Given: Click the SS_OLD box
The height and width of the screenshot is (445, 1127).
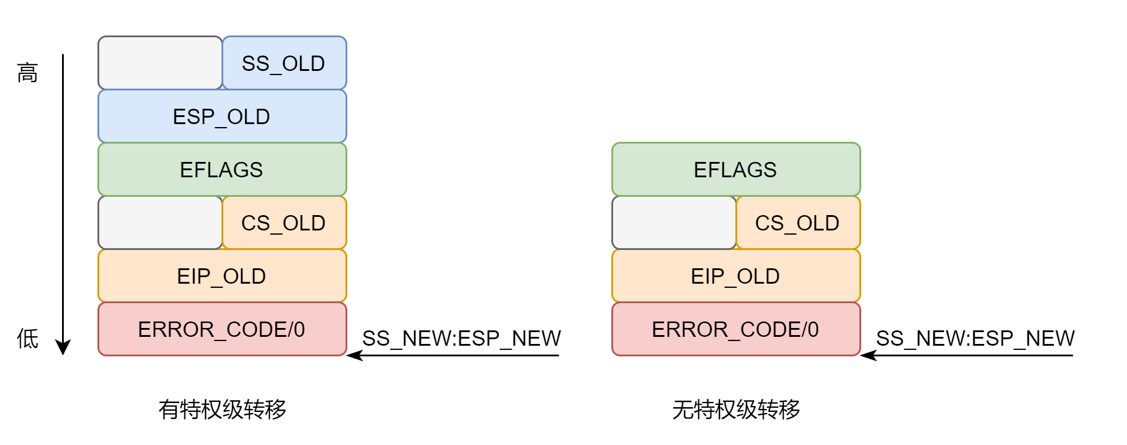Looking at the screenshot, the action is tap(284, 63).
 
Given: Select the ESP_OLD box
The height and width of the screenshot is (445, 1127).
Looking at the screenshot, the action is tap(222, 116).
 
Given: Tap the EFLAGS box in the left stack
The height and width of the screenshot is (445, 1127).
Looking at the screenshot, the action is tap(222, 169).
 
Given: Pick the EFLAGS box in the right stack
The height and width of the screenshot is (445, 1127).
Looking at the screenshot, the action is tap(736, 169).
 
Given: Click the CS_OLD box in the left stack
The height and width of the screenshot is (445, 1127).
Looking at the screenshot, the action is tap(284, 222).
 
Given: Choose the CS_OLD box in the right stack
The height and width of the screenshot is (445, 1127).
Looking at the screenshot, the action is tap(798, 222).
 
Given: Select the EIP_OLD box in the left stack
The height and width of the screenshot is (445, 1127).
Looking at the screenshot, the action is tap(222, 275).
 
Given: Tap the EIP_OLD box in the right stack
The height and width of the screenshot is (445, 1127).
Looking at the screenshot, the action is tap(736, 275).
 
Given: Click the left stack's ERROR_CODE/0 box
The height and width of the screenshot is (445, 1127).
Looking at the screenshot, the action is tap(222, 329).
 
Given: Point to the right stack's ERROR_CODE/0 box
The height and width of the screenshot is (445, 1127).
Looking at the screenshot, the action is tap(736, 329).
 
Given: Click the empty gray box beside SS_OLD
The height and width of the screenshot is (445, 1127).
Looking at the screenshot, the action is tap(160, 63).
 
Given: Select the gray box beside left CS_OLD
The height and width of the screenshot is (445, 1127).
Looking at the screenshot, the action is tap(160, 222).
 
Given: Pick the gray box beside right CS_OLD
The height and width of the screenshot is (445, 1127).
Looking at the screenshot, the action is tap(674, 222).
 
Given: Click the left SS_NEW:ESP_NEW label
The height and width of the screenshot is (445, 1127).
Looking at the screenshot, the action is tap(461, 338).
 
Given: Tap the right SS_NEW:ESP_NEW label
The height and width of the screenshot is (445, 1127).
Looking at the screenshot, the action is tap(975, 338).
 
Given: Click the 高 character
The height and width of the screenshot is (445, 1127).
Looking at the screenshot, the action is tap(28, 73).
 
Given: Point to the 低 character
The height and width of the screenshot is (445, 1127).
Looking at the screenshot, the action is tap(28, 339).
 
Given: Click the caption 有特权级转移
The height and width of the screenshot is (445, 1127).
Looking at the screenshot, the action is tap(222, 409).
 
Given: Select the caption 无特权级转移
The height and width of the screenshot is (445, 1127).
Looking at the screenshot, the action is tap(736, 409).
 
